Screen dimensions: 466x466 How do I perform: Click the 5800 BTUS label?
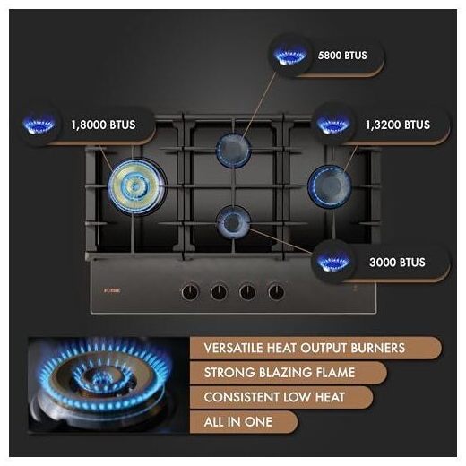pyautogui.click(x=342, y=56)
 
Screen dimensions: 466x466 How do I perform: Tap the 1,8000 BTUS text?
pyautogui.click(x=103, y=125)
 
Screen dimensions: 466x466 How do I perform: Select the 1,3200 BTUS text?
pyautogui.click(x=398, y=125)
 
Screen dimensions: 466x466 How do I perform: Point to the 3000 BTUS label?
pyautogui.click(x=397, y=263)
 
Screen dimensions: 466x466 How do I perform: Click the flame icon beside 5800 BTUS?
pyautogui.click(x=290, y=56)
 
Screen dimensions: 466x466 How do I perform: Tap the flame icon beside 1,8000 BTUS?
pyautogui.click(x=39, y=125)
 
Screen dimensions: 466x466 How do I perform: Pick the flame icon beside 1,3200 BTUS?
pyautogui.click(x=332, y=125)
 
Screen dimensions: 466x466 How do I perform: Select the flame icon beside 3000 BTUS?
pyautogui.click(x=332, y=263)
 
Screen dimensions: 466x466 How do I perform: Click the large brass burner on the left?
pyautogui.click(x=136, y=186)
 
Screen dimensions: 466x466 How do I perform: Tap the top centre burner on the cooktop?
pyautogui.click(x=233, y=151)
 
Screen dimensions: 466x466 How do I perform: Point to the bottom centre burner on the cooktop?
pyautogui.click(x=233, y=222)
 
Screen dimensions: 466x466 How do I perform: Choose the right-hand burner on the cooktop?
pyautogui.click(x=330, y=186)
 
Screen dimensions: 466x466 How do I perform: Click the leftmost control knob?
pyautogui.click(x=190, y=292)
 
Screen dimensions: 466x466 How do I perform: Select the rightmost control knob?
pyautogui.click(x=276, y=292)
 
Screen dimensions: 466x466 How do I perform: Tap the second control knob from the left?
pyautogui.click(x=219, y=292)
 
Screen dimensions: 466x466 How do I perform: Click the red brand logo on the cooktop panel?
pyautogui.click(x=112, y=290)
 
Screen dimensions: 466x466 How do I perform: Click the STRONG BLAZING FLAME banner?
pyautogui.click(x=289, y=373)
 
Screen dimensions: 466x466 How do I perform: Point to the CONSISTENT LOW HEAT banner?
pyautogui.click(x=281, y=398)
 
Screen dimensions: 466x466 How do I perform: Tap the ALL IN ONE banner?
pyautogui.click(x=244, y=422)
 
